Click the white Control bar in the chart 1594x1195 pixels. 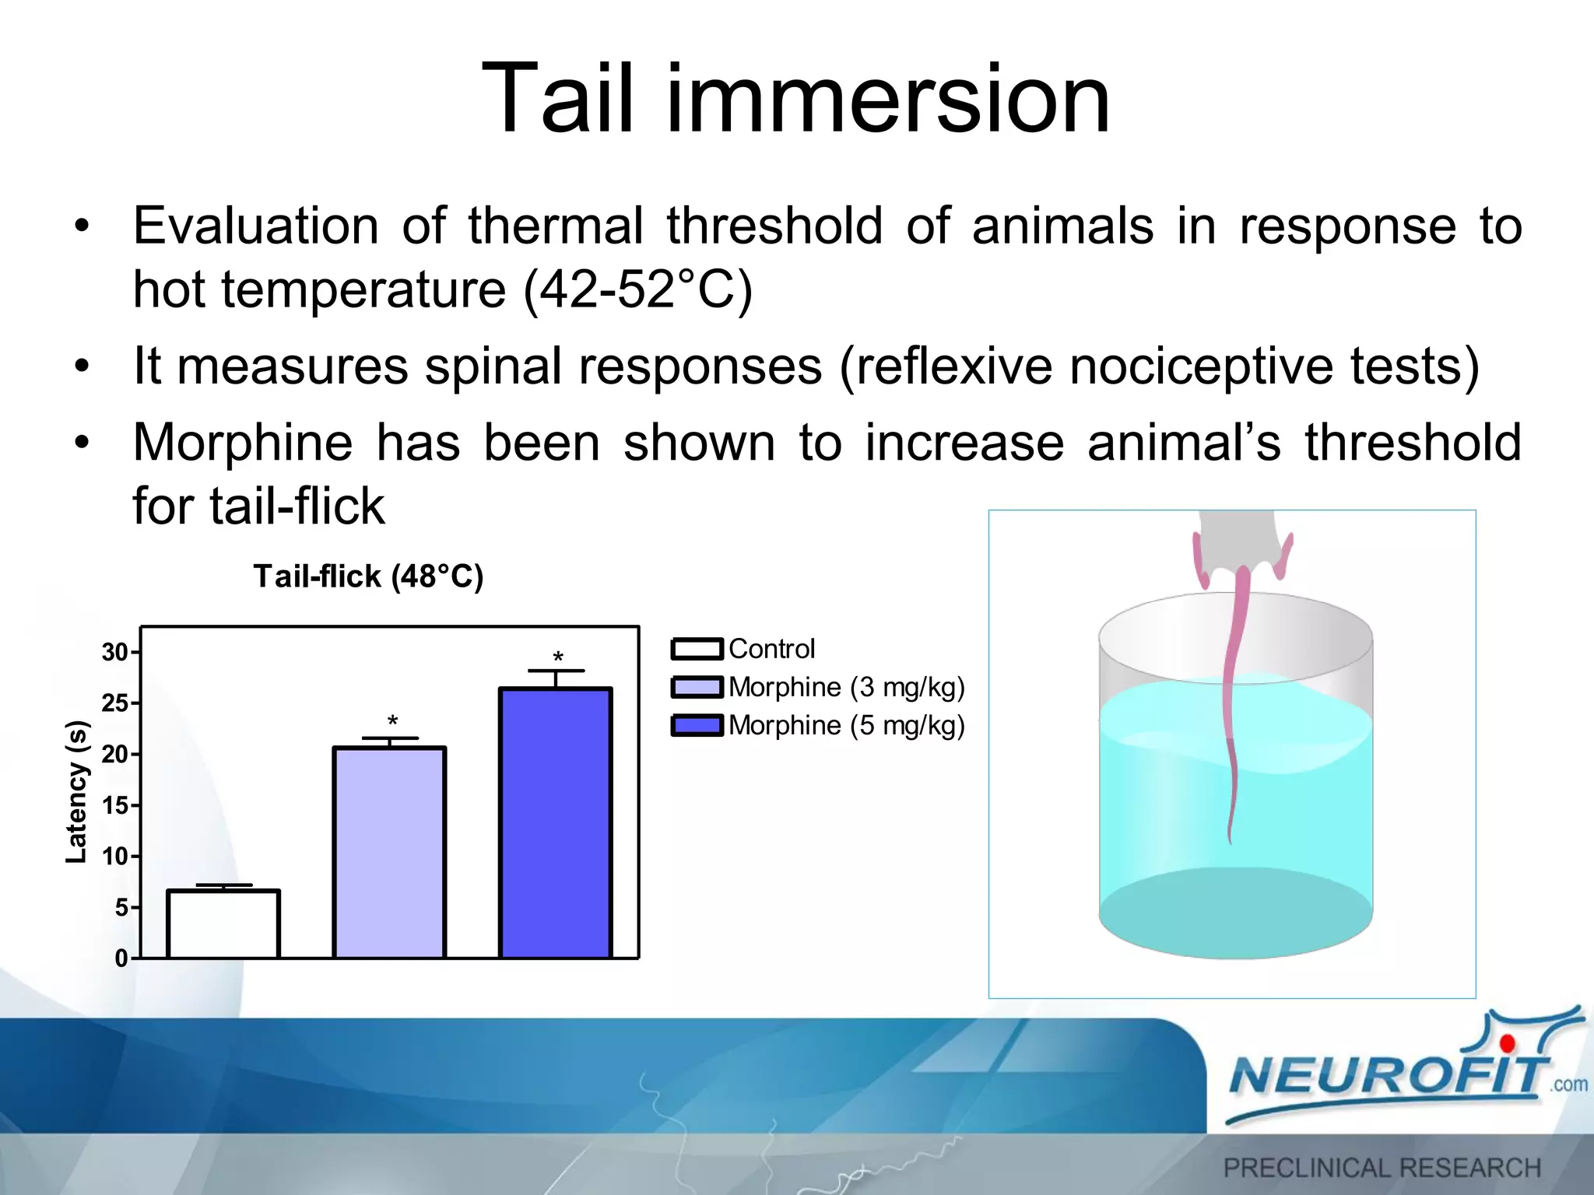[223, 924]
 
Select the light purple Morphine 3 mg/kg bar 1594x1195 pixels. [389, 853]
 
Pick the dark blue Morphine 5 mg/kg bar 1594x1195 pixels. [556, 823]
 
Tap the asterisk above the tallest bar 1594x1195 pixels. [558, 658]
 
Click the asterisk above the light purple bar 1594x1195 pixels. [392, 721]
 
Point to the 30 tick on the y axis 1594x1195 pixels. [115, 652]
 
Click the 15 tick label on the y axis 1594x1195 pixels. [115, 805]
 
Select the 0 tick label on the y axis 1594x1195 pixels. [121, 958]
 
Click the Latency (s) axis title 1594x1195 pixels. [76, 792]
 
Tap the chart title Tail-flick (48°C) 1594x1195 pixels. [368, 576]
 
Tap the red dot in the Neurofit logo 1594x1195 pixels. [1508, 1043]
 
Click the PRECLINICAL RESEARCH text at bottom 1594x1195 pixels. [1382, 1168]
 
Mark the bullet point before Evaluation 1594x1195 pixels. [82, 227]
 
